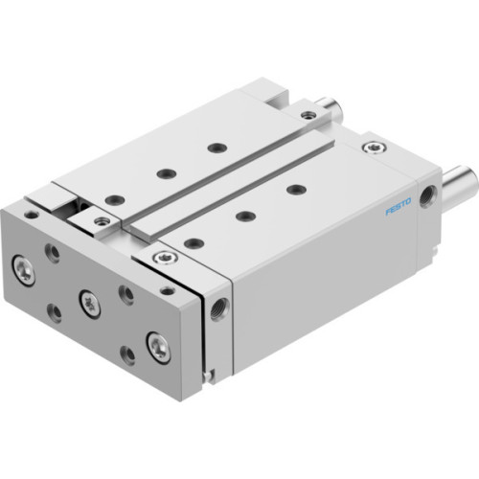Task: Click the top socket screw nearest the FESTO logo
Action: click(372, 148)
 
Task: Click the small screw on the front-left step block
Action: click(101, 222)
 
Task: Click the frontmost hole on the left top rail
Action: click(117, 199)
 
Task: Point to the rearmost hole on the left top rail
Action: click(217, 147)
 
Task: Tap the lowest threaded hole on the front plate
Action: click(126, 356)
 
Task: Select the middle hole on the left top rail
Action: click(166, 173)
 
